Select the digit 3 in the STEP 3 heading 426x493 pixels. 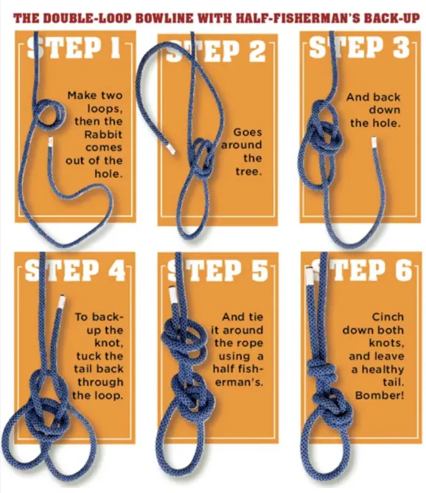point(401,48)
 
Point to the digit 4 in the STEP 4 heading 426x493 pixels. point(117,270)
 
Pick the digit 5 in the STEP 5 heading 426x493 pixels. point(260,270)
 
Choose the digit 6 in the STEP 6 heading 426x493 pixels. point(403,270)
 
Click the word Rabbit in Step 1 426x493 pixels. point(103,134)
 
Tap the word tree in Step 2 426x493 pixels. point(248,171)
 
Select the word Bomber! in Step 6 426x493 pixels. point(380,396)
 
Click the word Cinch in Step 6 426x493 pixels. point(388,317)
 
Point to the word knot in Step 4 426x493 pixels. point(108,342)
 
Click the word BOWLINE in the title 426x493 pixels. point(164,18)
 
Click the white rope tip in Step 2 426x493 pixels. point(170,148)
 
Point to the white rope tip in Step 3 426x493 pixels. point(374,142)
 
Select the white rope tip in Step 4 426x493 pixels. point(61,302)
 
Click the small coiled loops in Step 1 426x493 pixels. point(50,115)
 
